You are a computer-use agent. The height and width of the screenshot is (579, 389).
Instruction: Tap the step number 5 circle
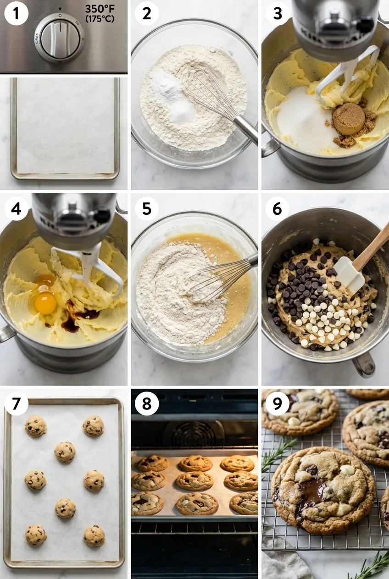coord(146,209)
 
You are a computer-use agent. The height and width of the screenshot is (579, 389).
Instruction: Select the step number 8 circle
coord(146,404)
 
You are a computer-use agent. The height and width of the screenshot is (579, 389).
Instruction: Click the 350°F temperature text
coord(100,9)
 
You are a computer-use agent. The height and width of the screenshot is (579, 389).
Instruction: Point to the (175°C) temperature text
coord(100,19)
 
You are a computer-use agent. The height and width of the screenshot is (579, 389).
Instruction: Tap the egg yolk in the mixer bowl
coord(45,303)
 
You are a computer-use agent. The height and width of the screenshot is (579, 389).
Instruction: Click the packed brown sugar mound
coord(349,119)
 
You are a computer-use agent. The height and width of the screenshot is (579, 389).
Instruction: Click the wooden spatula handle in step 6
coord(372,248)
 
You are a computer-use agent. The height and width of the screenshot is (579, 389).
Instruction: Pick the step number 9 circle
coord(277,404)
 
